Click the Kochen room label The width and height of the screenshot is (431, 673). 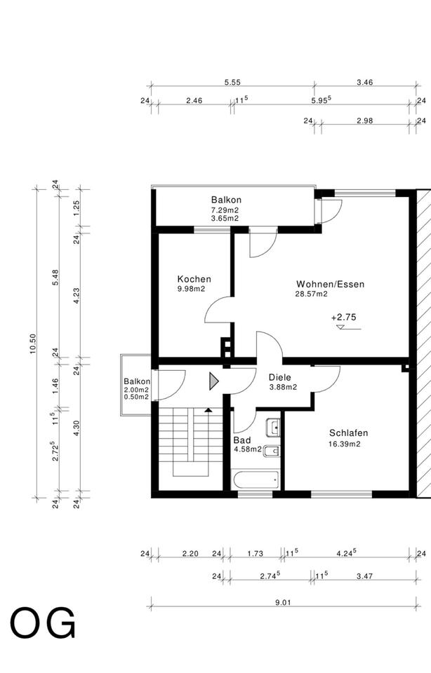click(194, 279)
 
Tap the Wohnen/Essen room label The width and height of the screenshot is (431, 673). click(330, 284)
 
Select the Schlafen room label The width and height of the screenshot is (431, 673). click(348, 433)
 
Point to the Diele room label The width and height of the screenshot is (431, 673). click(280, 377)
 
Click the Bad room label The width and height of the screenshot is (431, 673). click(242, 440)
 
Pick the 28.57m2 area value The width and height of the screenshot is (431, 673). click(311, 294)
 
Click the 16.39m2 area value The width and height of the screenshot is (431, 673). click(344, 444)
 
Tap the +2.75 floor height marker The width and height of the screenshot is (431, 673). click(344, 318)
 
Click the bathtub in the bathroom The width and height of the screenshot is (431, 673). click(256, 480)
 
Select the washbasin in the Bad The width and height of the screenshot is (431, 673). click(273, 427)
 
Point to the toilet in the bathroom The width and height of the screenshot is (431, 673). click(272, 451)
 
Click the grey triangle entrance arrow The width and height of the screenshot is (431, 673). click(214, 381)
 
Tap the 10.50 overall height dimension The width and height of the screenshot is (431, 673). click(33, 344)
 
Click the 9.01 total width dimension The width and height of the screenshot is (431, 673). click(283, 602)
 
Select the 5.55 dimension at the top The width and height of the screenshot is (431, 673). click(232, 83)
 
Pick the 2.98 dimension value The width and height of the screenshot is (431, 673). click(365, 121)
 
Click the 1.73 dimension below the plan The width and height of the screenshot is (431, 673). click(256, 553)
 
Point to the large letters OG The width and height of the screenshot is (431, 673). click(43, 623)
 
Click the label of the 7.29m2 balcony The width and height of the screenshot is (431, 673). click(226, 200)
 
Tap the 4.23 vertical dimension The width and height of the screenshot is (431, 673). click(77, 296)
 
